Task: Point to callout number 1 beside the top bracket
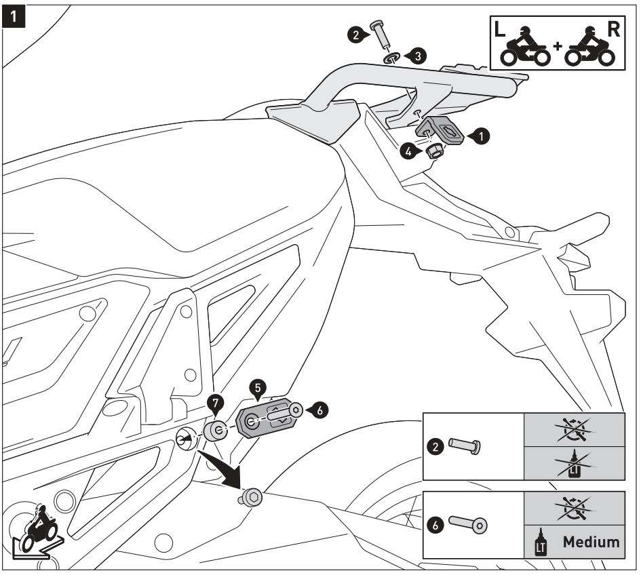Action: pos(481,136)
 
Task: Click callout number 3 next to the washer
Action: pos(419,57)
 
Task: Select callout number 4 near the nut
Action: pos(408,153)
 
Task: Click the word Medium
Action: pos(590,542)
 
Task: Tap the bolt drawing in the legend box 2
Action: pos(464,446)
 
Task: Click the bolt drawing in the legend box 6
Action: pos(468,524)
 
